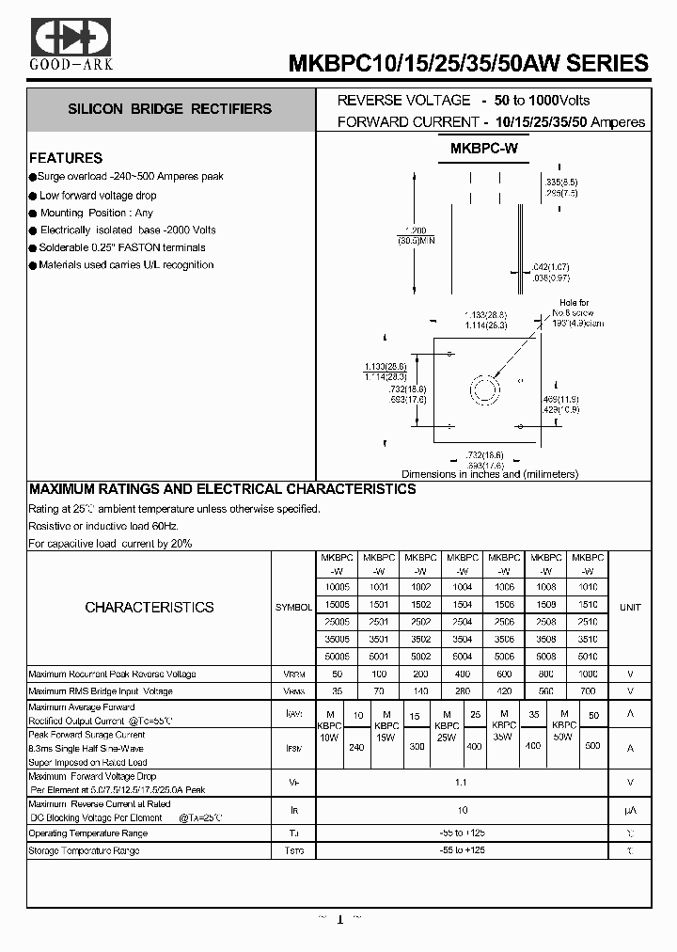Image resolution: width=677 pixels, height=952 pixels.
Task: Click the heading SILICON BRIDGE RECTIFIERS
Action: pyautogui.click(x=169, y=109)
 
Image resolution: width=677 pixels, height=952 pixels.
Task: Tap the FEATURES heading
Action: pyautogui.click(x=66, y=158)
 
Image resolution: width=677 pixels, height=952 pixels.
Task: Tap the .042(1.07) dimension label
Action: pyautogui.click(x=550, y=268)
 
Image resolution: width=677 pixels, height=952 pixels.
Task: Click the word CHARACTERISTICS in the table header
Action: pyautogui.click(x=150, y=608)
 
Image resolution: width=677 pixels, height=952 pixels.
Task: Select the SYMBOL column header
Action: pyautogui.click(x=293, y=608)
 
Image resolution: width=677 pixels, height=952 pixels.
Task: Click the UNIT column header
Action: pyautogui.click(x=630, y=608)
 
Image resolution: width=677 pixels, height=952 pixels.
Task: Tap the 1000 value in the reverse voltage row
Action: pyautogui.click(x=588, y=674)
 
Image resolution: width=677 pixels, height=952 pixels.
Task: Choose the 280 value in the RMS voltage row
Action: pyautogui.click(x=462, y=691)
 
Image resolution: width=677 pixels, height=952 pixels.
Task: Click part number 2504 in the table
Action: pyautogui.click(x=462, y=622)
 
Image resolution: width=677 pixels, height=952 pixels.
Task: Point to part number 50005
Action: pyautogui.click(x=336, y=656)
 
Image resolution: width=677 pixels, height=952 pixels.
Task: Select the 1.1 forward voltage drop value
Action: pyautogui.click(x=462, y=782)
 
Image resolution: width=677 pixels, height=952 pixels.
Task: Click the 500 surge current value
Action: pyautogui.click(x=593, y=746)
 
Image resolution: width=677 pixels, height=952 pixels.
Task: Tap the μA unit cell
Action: pyautogui.click(x=630, y=810)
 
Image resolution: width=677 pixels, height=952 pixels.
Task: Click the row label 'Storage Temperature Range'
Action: pyautogui.click(x=85, y=851)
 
